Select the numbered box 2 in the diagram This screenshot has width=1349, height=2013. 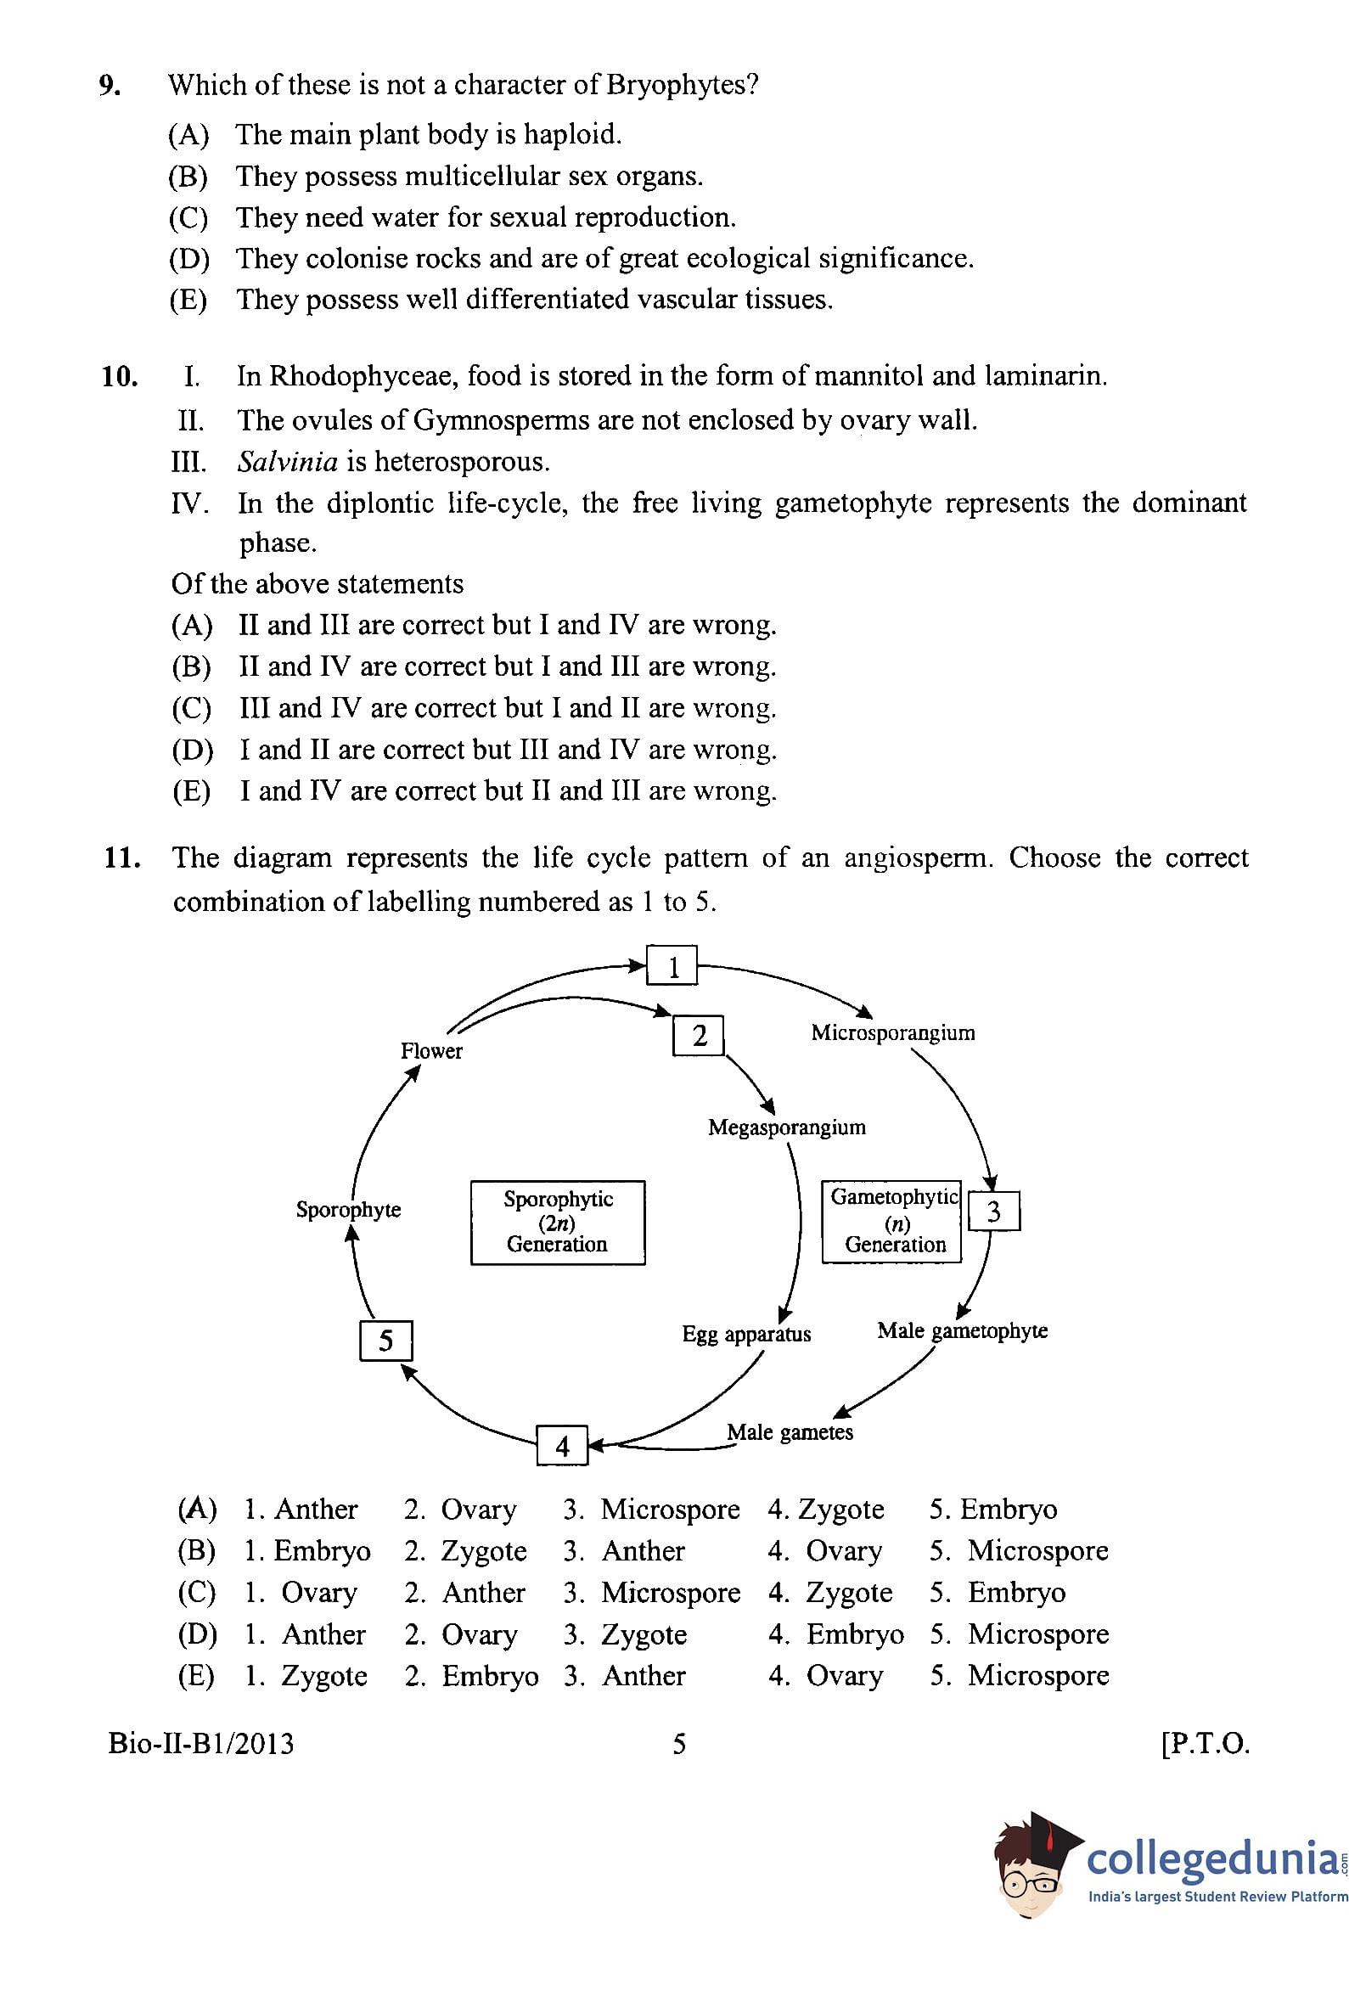698,1036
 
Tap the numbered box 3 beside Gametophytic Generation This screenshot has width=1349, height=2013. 993,1211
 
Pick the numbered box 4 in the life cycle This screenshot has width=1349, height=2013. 562,1445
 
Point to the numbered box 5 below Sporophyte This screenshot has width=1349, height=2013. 385,1341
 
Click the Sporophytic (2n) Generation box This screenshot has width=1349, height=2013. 558,1222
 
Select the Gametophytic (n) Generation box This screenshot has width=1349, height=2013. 892,1221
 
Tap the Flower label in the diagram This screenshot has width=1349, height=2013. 431,1050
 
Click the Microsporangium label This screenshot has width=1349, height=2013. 892,1032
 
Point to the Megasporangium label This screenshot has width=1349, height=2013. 786,1127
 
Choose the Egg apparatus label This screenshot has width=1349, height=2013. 746,1335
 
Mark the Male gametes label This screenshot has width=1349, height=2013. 790,1432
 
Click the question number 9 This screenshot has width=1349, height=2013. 109,85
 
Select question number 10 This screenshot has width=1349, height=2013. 120,377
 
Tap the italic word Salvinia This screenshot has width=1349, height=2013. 287,462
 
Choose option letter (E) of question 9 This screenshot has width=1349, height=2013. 188,300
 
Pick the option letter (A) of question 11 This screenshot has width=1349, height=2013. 196,1509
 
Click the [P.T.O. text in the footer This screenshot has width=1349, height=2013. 1204,1744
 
